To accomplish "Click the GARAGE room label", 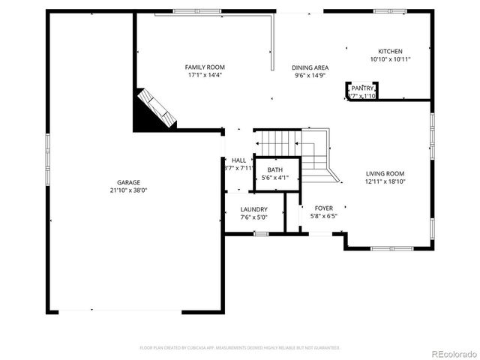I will pyautogui.click(x=128, y=182).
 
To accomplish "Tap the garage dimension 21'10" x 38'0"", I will pyautogui.click(x=128, y=190).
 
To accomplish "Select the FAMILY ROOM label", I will pyautogui.click(x=205, y=67).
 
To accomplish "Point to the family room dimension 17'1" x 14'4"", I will pyautogui.click(x=205, y=75).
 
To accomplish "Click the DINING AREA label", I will pyautogui.click(x=310, y=67).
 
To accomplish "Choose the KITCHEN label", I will pyautogui.click(x=390, y=51).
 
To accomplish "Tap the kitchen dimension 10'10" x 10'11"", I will pyautogui.click(x=390, y=59).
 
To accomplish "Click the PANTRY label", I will pyautogui.click(x=362, y=88).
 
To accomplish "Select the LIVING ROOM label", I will pyautogui.click(x=385, y=173).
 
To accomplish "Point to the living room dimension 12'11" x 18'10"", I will pyautogui.click(x=385, y=181).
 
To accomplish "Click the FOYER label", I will pyautogui.click(x=323, y=208).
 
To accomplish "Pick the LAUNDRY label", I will pyautogui.click(x=254, y=209).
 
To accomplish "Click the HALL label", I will pyautogui.click(x=238, y=160).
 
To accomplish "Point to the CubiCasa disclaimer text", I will pyautogui.click(x=240, y=348).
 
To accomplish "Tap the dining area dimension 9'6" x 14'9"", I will pyautogui.click(x=310, y=76).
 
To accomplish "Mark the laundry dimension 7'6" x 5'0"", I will pyautogui.click(x=254, y=217).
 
